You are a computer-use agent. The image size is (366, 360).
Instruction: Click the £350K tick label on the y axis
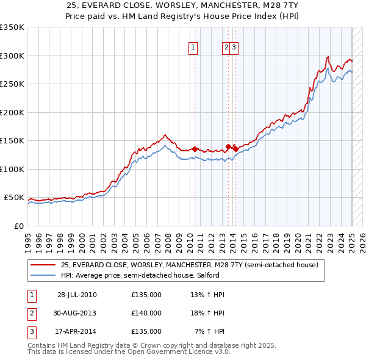pos(12,27)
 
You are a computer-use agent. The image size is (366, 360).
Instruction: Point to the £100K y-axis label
pos(12,169)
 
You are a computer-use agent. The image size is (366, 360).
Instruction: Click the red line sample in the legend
pos(44,265)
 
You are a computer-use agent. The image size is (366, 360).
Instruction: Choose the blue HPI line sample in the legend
pos(44,275)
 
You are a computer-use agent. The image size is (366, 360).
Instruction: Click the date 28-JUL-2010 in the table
pos(77,295)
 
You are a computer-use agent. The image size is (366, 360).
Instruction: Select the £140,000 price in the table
pos(146,313)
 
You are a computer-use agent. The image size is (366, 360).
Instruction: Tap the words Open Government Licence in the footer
pos(174,352)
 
